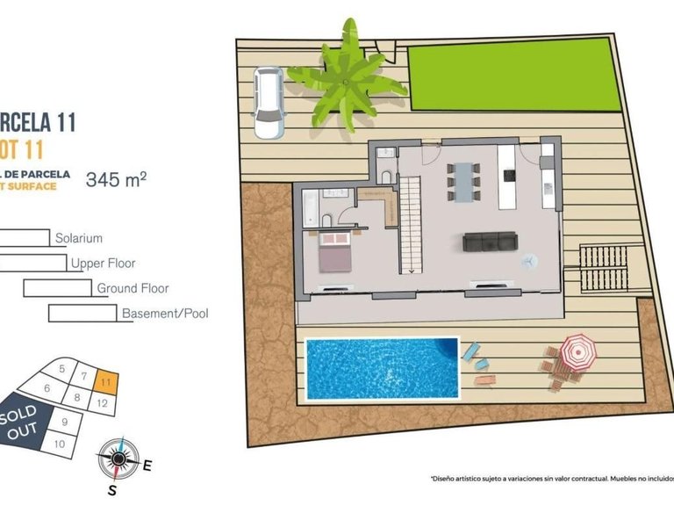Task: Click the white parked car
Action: point(268,103)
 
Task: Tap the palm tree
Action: point(347,77)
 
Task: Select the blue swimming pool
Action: point(382,367)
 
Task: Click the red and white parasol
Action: point(577,351)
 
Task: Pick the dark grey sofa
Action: point(490,242)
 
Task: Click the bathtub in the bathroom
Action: point(311,208)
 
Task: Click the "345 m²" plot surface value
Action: point(115,180)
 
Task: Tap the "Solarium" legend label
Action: point(79,238)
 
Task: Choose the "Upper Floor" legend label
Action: point(104,263)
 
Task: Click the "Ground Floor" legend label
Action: point(133,288)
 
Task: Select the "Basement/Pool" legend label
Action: point(165,313)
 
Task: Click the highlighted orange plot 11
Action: point(105,382)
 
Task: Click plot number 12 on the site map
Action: point(103,403)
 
